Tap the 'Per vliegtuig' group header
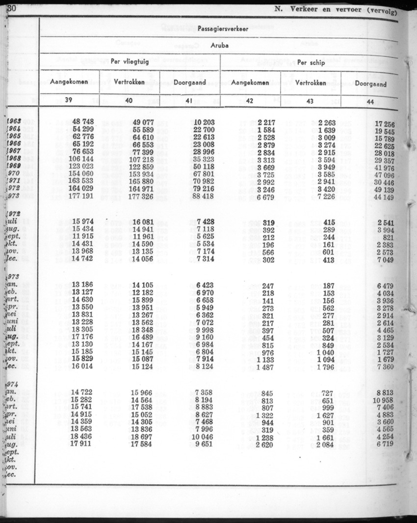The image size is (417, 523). (x=129, y=62)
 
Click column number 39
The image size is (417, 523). (x=69, y=100)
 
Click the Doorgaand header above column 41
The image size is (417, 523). (x=189, y=82)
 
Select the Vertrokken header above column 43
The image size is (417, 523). (x=311, y=83)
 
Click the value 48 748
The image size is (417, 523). (x=83, y=121)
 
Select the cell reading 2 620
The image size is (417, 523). (x=265, y=446)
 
